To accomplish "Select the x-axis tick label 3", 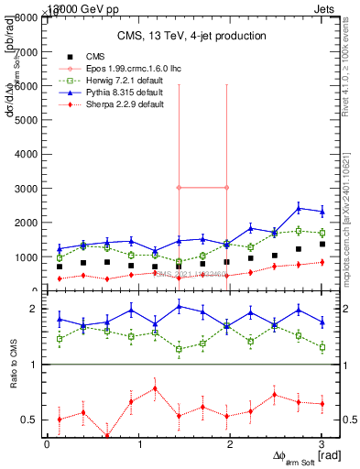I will [321, 445].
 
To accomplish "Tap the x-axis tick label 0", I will [47, 445].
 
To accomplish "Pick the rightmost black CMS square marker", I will [321, 245].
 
